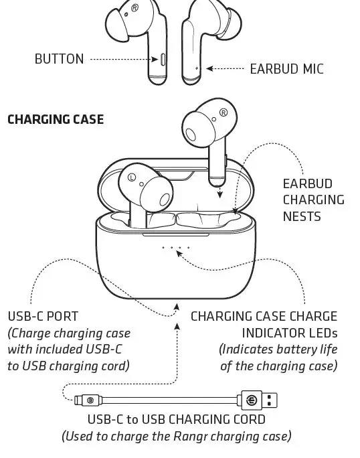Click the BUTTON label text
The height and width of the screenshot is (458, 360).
click(59, 59)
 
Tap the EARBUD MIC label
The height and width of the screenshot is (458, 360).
click(286, 68)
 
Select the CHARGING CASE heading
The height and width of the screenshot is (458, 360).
click(55, 119)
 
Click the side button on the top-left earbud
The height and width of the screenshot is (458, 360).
click(163, 60)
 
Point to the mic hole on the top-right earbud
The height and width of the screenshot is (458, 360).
click(196, 68)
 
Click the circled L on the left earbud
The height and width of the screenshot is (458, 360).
click(132, 177)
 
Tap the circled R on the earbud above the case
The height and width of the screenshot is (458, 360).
click(223, 112)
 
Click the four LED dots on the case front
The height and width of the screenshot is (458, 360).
click(176, 248)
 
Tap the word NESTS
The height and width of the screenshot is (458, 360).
click(302, 216)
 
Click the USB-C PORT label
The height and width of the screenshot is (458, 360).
click(43, 316)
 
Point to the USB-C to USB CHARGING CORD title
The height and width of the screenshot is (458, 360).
click(177, 420)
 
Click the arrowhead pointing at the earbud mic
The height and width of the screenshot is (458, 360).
click(209, 68)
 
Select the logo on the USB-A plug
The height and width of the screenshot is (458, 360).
click(252, 400)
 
